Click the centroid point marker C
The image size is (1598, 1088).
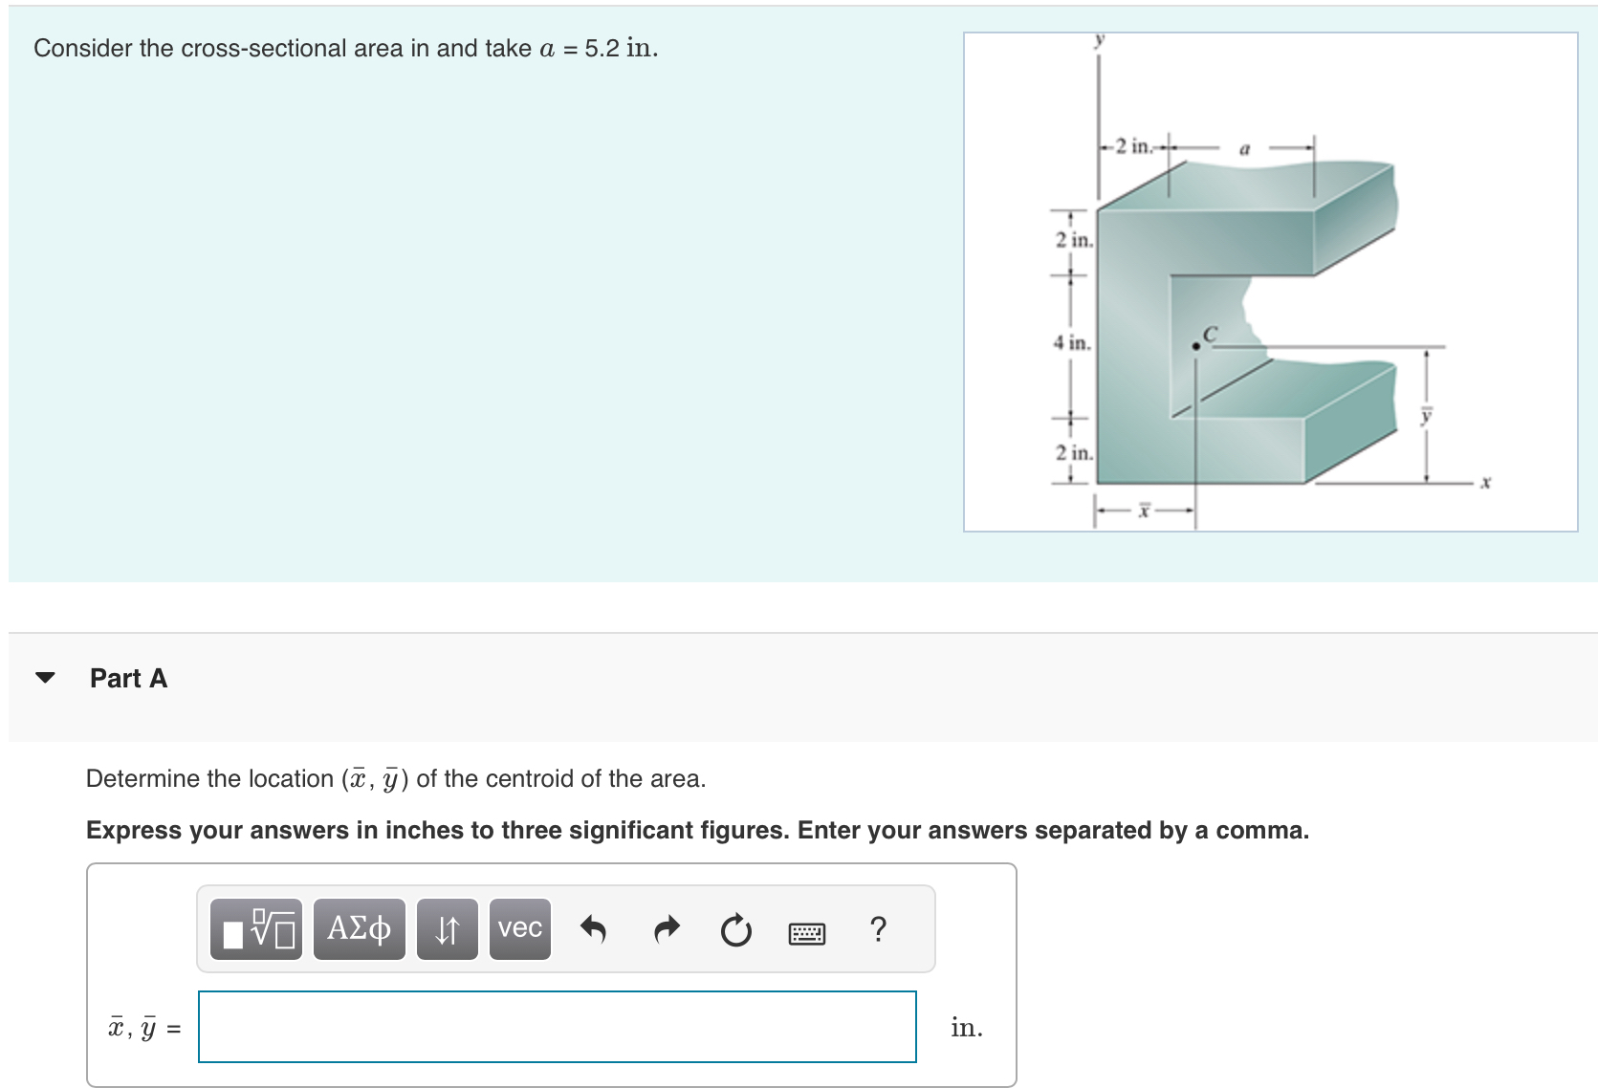click(x=1195, y=346)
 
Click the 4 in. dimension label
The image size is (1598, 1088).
click(x=1072, y=342)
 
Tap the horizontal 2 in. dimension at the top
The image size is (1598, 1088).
click(x=1134, y=146)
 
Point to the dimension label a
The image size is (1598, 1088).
click(x=1244, y=148)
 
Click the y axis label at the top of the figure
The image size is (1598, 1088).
click(x=1100, y=39)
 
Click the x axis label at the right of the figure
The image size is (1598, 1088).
click(x=1485, y=482)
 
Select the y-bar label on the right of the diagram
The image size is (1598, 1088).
click(x=1426, y=415)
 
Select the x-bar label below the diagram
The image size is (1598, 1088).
click(x=1144, y=510)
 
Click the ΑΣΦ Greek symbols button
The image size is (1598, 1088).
click(x=359, y=928)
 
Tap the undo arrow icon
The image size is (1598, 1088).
click(x=593, y=928)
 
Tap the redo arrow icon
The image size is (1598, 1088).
click(x=666, y=928)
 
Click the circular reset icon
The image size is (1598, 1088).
click(x=735, y=929)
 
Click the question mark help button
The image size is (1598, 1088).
click(x=878, y=928)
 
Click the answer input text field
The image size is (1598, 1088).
click(x=557, y=1027)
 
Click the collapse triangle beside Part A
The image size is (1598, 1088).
click(x=45, y=678)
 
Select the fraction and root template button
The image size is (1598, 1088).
click(x=256, y=928)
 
